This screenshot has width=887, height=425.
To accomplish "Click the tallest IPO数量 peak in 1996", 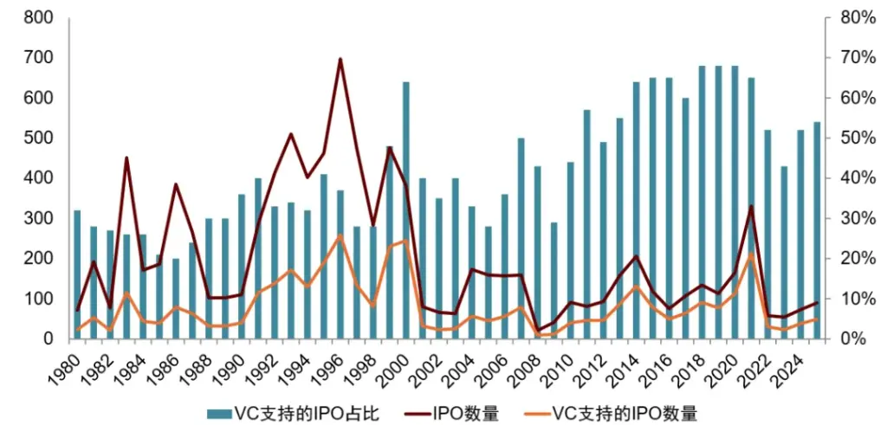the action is tap(340, 59).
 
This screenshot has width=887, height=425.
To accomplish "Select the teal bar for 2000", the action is tap(405, 210).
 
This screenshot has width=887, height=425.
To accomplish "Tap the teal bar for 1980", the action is tap(77, 274).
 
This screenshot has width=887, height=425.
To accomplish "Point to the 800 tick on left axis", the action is tap(39, 18).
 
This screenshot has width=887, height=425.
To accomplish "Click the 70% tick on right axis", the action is tap(851, 58).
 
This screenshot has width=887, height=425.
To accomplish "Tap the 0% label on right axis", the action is tap(846, 338).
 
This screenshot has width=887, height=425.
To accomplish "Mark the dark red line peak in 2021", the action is tap(751, 206).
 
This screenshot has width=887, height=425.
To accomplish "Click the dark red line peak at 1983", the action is tap(126, 158).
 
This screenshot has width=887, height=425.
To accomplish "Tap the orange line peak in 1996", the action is tap(340, 235).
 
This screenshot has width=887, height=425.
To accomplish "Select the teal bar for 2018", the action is tap(702, 203).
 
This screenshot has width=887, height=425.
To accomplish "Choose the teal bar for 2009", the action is tap(554, 281).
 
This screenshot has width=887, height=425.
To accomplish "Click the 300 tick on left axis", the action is tap(39, 218).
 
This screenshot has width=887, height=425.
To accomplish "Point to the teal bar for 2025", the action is tap(817, 230).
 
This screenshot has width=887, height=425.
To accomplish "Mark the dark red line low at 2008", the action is tap(537, 330).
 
